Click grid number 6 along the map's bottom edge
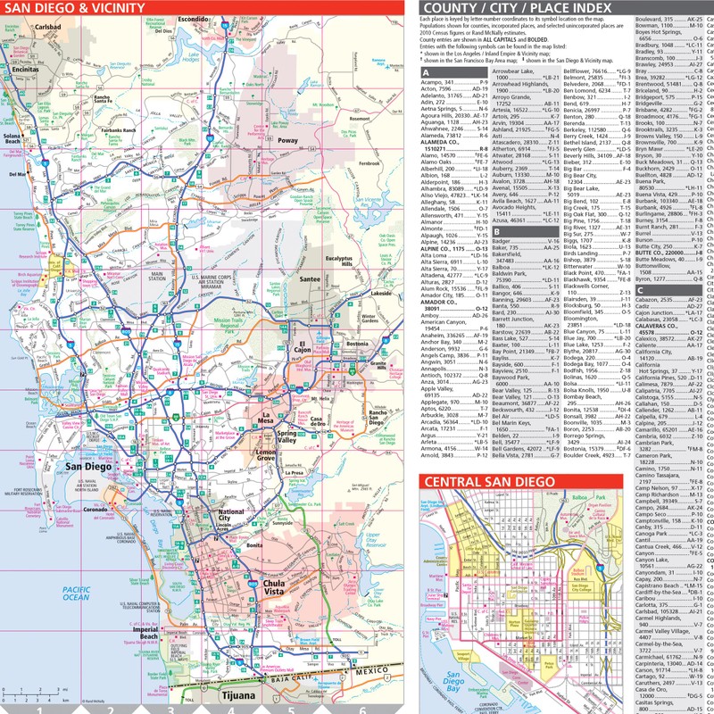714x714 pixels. click(x=361, y=709)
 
